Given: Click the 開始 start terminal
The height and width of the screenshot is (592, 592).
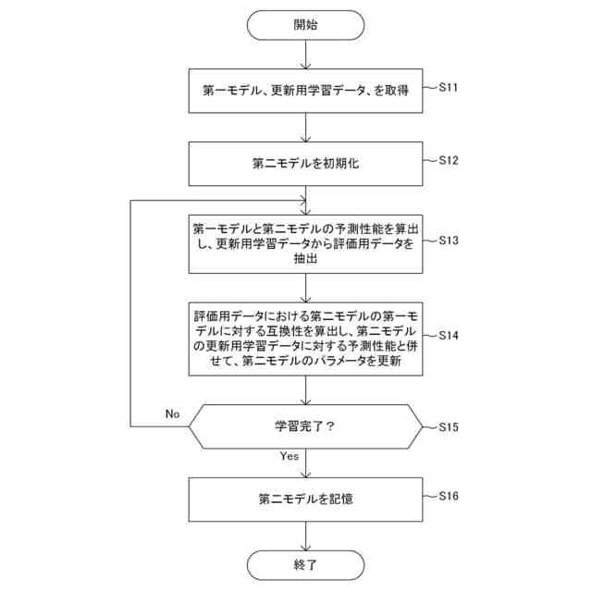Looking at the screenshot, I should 305,25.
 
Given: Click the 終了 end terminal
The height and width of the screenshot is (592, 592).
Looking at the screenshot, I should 305,563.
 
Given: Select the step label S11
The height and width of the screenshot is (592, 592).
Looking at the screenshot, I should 449,88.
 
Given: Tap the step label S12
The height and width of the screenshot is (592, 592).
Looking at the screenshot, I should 449,160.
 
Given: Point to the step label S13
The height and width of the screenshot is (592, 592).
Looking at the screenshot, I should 450,240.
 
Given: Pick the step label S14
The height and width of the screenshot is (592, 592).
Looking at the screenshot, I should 450,334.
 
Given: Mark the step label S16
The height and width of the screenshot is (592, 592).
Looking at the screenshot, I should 450,496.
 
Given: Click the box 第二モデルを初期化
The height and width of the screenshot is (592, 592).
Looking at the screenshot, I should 305,164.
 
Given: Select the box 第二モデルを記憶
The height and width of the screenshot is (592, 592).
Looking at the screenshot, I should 305,499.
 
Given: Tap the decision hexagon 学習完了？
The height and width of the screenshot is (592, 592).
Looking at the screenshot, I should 305,427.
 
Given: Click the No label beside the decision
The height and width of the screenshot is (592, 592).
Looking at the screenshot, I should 172,413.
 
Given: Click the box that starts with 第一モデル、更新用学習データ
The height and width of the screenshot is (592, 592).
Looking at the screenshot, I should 305,92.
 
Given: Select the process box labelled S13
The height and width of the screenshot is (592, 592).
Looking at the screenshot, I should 305,244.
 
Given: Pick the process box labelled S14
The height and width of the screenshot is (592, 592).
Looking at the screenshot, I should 305,338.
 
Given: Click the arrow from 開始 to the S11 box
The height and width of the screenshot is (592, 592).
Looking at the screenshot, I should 305,55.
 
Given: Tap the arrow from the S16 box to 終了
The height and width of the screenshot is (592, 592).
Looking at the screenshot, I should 305,534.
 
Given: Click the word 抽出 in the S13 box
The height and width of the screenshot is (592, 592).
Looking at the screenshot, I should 305,261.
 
